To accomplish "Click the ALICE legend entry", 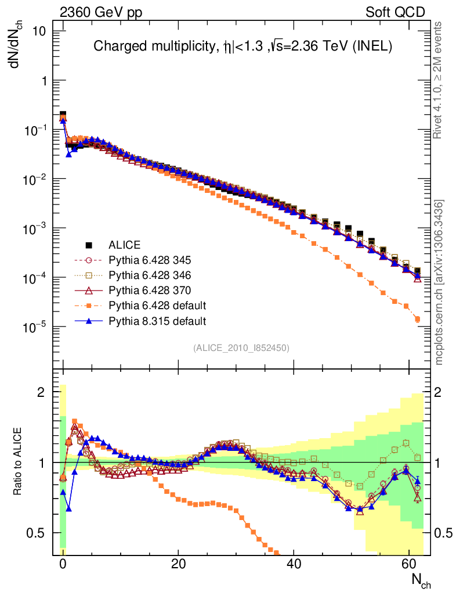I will [x=125, y=245].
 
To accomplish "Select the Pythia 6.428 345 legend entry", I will [x=150, y=260].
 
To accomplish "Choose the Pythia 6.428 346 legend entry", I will [x=150, y=275].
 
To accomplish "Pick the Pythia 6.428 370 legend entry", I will [x=150, y=290].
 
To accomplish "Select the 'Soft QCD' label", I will [x=395, y=12].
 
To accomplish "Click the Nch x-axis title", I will [x=421, y=580].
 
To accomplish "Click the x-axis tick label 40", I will [x=294, y=564].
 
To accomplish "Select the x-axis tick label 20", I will [x=178, y=564].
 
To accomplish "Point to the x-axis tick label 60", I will [x=409, y=564].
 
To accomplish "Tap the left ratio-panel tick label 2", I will [x=41, y=392].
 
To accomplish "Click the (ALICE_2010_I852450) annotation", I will [x=241, y=347].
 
